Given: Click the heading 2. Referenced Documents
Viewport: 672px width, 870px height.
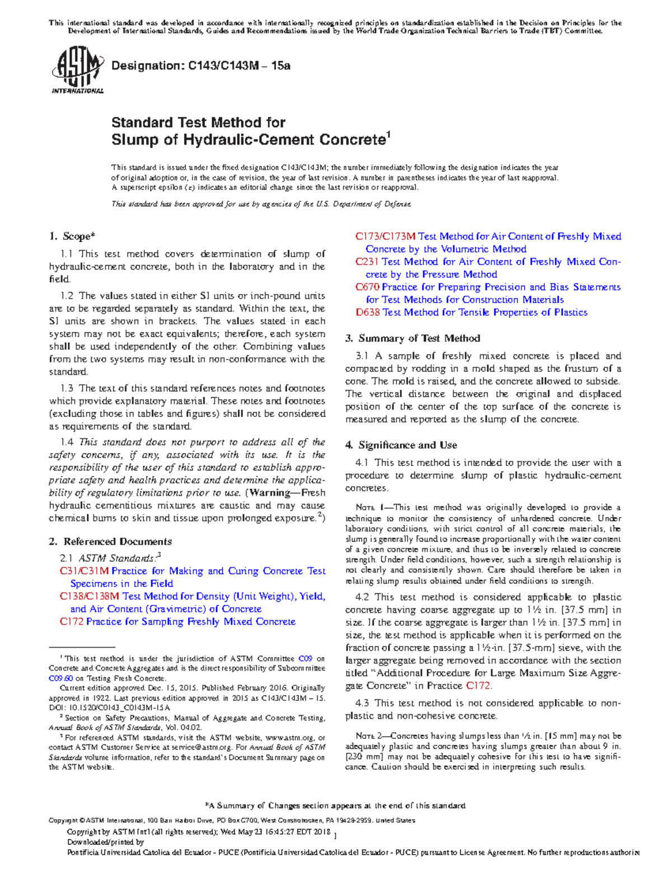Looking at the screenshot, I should [x=110, y=541].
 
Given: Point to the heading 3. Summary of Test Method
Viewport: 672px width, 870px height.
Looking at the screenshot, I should [x=413, y=338].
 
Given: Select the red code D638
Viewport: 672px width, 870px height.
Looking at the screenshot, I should [x=367, y=313].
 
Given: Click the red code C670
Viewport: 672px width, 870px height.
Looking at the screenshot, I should [x=367, y=287].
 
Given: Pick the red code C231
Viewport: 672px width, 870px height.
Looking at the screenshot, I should [x=367, y=262].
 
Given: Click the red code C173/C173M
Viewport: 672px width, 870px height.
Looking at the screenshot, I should [x=385, y=236].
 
